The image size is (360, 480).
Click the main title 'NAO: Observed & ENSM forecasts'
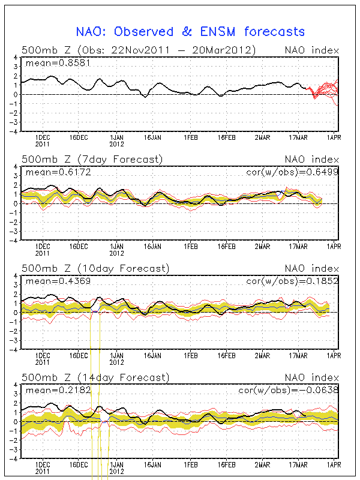point(190,32)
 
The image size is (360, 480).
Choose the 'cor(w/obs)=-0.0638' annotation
point(292,391)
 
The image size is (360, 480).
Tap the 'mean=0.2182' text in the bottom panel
point(51,391)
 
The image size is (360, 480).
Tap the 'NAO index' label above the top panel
point(311,50)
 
